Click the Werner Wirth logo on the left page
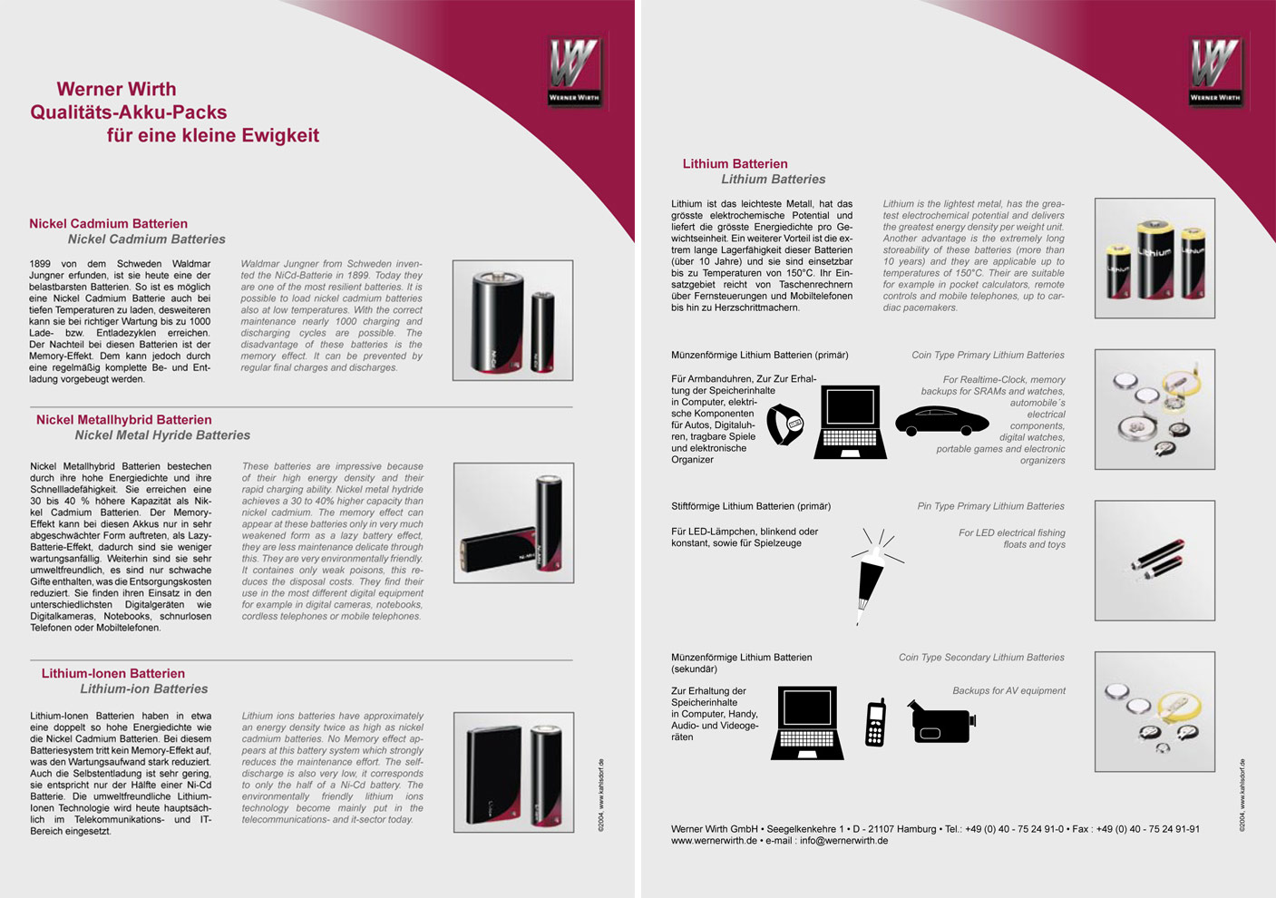pyautogui.click(x=575, y=71)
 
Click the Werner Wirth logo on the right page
pyautogui.click(x=1216, y=71)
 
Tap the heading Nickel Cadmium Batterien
pyautogui.click(x=108, y=223)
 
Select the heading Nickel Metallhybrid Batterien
pyautogui.click(x=123, y=419)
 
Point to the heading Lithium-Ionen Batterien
pyautogui.click(x=112, y=673)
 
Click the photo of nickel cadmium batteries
pyautogui.click(x=512, y=320)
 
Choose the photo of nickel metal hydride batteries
pyautogui.click(x=513, y=522)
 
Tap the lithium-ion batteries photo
pyautogui.click(x=513, y=772)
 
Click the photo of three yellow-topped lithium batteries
pyautogui.click(x=1154, y=259)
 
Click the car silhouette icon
pyautogui.click(x=940, y=421)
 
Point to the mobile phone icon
pyautogui.click(x=875, y=723)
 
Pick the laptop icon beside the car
pyautogui.click(x=850, y=422)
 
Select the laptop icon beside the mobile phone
pyautogui.click(x=807, y=723)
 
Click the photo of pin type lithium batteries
pyautogui.click(x=1154, y=561)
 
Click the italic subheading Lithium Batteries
pyautogui.click(x=773, y=180)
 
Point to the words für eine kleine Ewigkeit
pyautogui.click(x=212, y=135)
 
